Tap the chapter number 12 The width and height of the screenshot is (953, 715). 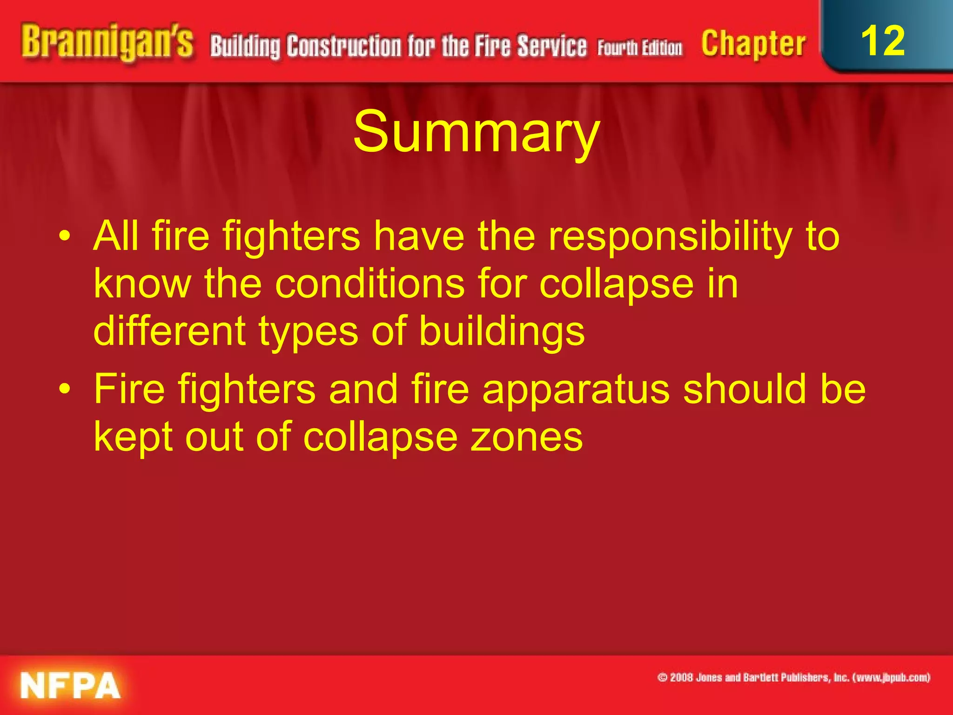point(883,41)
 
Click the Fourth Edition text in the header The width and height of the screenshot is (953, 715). point(640,48)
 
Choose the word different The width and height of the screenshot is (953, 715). point(169,331)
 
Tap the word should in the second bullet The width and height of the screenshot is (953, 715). point(745,389)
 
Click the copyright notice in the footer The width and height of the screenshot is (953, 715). point(793,678)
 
